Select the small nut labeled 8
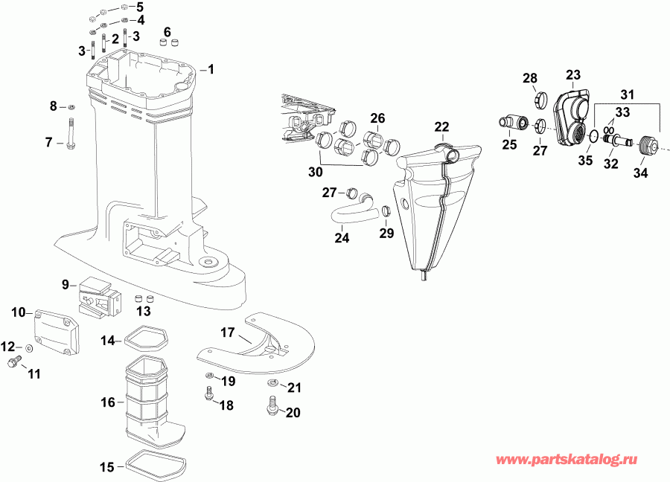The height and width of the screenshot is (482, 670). (70, 107)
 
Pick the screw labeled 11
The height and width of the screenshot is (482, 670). (13, 362)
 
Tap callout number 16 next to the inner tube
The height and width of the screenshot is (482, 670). (109, 402)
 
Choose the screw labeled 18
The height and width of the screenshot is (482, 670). (209, 392)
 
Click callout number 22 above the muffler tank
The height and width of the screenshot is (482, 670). (442, 127)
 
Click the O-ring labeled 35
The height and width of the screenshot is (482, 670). (591, 138)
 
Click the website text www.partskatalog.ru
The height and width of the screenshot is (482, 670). (569, 461)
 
